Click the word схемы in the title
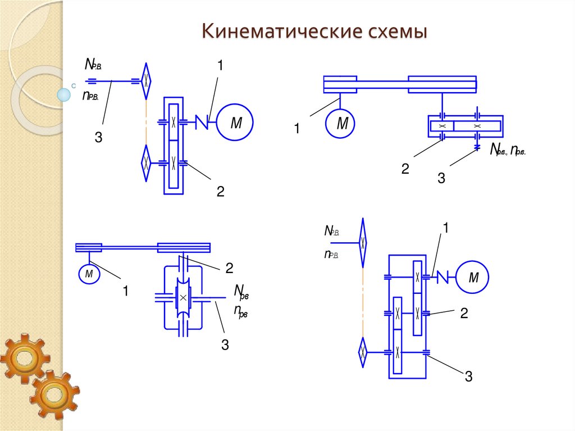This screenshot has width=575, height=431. click(397, 31)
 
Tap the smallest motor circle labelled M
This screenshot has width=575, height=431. click(89, 274)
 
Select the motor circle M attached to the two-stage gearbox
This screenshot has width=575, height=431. click(472, 277)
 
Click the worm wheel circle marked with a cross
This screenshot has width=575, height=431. click(182, 298)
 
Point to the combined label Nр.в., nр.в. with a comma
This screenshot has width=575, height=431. click(508, 149)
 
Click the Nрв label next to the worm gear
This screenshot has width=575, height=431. click(241, 292)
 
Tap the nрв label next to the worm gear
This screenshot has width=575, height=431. click(241, 311)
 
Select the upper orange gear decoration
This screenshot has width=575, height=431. click(24, 358)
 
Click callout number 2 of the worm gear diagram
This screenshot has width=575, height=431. click(229, 268)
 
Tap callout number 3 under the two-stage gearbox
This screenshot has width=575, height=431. click(468, 377)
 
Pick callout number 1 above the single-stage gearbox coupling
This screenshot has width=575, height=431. click(220, 66)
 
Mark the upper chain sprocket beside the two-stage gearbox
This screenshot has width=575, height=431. click(363, 242)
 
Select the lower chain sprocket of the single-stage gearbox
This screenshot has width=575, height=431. click(146, 163)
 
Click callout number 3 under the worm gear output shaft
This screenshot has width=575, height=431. click(225, 345)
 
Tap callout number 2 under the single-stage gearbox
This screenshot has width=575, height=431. click(221, 192)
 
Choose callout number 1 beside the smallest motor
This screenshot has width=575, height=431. click(126, 291)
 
